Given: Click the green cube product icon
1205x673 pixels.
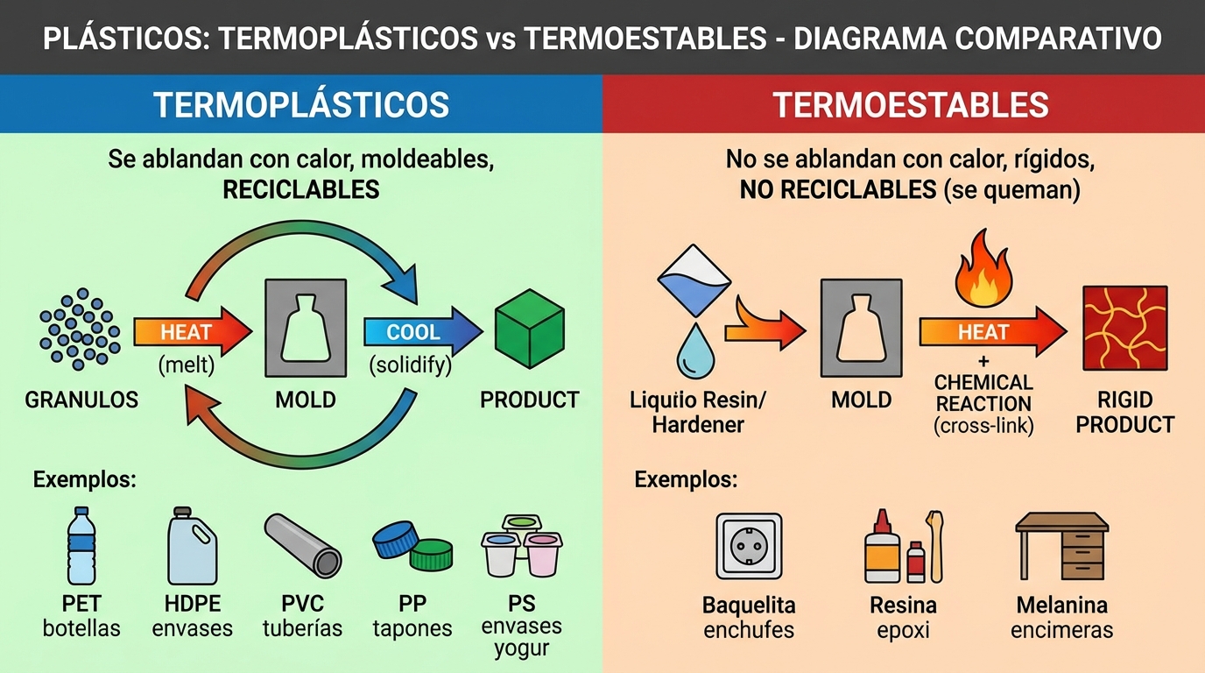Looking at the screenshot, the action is pos(529,329).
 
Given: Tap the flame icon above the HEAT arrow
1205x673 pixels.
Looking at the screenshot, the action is pos(983,268).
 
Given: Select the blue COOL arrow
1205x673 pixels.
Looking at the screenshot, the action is pos(423,331).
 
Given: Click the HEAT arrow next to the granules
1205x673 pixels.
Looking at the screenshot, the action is pos(193,331).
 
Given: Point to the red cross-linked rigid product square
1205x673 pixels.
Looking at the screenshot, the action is pos(1124,329).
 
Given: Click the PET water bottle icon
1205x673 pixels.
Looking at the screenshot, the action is pos(81,545).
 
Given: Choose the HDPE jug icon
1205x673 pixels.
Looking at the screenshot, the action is pos(192,545).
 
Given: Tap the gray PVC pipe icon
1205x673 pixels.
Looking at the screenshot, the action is pos(302,545).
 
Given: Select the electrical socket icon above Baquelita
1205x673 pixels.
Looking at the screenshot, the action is pos(749,546).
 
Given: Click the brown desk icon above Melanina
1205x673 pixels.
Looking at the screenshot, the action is pos(1062,546).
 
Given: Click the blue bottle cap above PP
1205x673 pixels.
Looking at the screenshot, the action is pos(396,539).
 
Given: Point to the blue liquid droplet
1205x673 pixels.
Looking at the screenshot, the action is pos(695,351).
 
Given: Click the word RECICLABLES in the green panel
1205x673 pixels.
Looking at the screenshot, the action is pos(300,189).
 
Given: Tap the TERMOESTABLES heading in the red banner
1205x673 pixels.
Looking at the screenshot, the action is pos(911,104).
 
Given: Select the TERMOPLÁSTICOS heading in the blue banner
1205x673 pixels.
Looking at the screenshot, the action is pos(300,104).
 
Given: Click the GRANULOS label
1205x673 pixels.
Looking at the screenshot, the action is pos(81,400).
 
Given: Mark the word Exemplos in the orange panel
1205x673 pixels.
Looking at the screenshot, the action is pos(686,479).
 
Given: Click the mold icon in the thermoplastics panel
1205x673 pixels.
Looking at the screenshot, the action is pos(306,328).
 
